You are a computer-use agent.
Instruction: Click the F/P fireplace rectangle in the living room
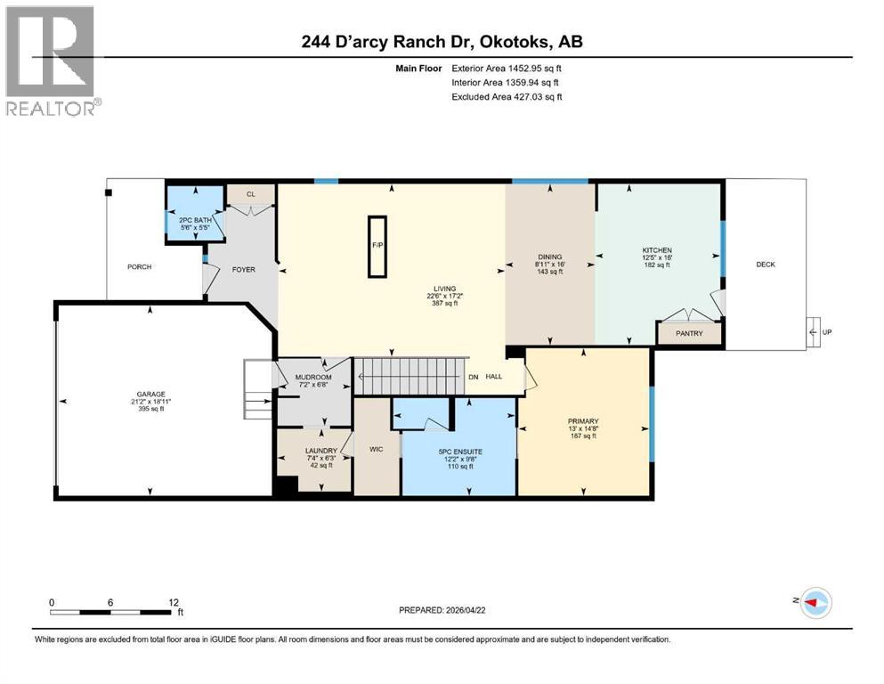[x=377, y=246]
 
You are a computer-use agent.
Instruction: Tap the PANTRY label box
[x=689, y=334]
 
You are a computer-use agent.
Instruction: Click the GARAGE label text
[x=150, y=395]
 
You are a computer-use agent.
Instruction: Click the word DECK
[x=766, y=265]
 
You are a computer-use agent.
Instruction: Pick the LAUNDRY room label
[x=320, y=452]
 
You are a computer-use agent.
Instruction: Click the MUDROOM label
[x=312, y=378]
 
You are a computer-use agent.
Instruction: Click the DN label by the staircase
[x=474, y=377]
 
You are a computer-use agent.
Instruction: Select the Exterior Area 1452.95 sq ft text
[x=507, y=68]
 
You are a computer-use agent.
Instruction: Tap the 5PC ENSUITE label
[x=460, y=452]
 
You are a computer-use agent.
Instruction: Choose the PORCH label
[x=140, y=266]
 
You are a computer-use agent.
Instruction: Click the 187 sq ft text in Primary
[x=583, y=436]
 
